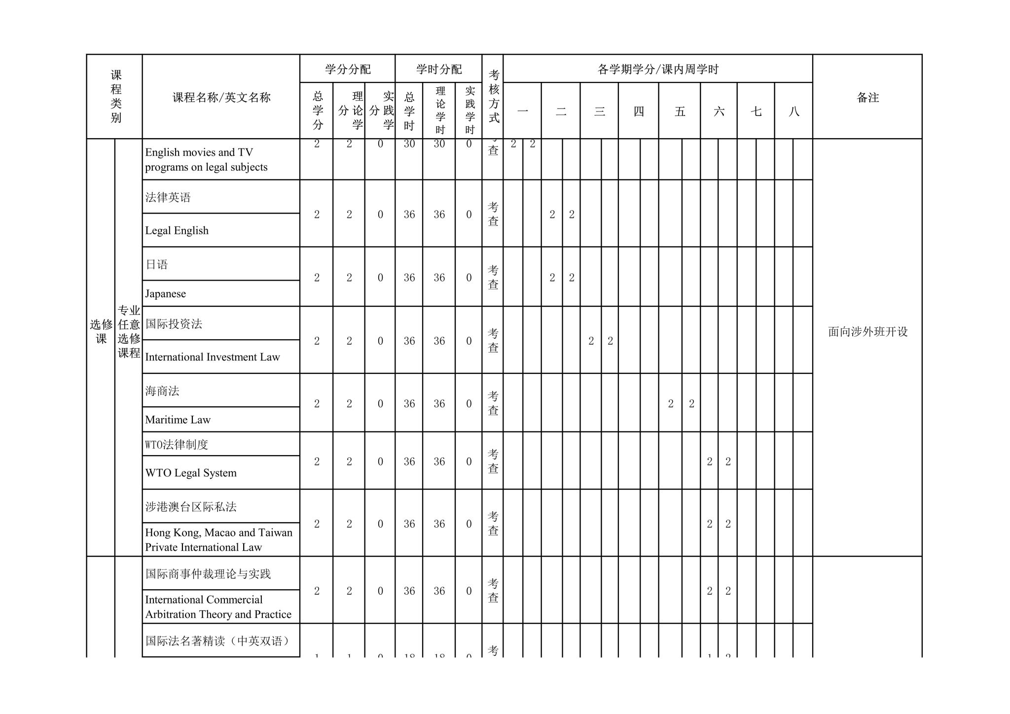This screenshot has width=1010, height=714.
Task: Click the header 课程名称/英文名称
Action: coord(221,98)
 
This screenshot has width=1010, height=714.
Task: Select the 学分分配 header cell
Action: coord(348,69)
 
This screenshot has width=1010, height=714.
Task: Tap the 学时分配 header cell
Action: coord(438,69)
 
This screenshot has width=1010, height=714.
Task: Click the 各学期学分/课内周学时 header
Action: coord(658,69)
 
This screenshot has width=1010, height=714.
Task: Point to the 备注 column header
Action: coord(867,98)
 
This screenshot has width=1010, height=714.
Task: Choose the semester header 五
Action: coord(680,111)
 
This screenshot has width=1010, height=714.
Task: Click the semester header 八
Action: coord(794,111)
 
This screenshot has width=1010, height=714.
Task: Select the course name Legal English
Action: coord(177,231)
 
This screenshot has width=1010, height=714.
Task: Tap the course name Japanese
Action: coord(166,294)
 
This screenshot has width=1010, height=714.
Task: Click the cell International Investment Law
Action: coord(213,357)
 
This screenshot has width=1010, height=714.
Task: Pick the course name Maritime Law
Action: coord(178,420)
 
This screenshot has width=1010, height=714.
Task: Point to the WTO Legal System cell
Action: coord(191,473)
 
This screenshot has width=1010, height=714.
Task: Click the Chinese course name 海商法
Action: coord(162,391)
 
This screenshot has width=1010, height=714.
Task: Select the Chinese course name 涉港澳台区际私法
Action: coord(191,507)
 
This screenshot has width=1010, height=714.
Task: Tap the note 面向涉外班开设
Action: coord(867,332)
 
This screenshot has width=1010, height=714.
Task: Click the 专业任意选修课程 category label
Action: coord(129,332)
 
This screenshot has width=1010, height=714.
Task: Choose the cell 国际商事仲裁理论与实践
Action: coord(208,574)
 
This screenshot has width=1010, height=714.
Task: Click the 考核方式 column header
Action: coord(493,97)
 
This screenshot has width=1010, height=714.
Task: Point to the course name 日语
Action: coord(157,265)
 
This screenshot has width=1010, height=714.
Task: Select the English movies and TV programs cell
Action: coord(206,160)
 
